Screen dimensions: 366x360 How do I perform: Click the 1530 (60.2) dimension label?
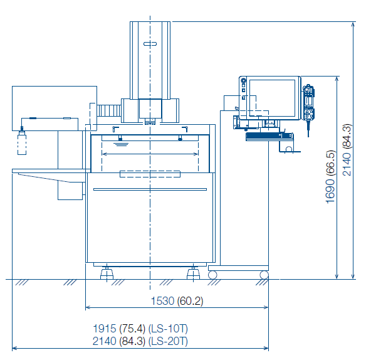[x=177, y=301]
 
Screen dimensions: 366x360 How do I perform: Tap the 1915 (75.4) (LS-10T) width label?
[x=140, y=329]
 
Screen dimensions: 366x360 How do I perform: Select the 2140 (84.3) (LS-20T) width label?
[x=140, y=341]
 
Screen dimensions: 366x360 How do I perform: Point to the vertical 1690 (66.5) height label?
[x=330, y=177]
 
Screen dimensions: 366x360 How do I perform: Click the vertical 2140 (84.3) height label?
[x=347, y=150]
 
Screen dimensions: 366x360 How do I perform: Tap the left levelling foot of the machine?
[x=107, y=273]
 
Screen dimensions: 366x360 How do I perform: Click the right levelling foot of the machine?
[x=193, y=273]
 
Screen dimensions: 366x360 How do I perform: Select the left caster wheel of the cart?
[x=212, y=275]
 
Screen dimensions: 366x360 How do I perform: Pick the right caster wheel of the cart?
[x=264, y=275]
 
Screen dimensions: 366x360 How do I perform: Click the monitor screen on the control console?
[x=273, y=98]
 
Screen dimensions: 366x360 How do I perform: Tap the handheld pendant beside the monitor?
[x=308, y=103]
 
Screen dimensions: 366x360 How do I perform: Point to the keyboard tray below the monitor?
[x=269, y=137]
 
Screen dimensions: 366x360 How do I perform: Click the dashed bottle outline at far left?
[x=22, y=144]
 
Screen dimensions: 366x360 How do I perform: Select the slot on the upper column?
[x=150, y=44]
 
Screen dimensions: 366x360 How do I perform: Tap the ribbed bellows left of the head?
[x=109, y=111]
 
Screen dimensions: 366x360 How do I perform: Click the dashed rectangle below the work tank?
[x=150, y=174]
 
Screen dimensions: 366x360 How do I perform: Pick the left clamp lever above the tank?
[x=115, y=129]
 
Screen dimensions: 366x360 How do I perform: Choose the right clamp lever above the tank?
[x=185, y=129]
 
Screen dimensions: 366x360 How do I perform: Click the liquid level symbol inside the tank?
[x=121, y=144]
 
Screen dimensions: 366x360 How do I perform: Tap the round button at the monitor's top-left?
[x=243, y=81]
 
